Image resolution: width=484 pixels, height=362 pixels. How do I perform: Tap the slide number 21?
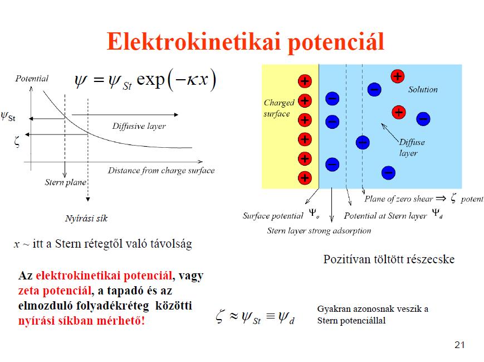click(459, 345)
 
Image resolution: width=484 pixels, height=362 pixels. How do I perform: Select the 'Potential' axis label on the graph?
click(32, 79)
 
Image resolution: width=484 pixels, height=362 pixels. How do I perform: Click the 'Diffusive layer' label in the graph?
click(139, 126)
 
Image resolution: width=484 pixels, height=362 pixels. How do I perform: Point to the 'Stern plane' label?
click(65, 182)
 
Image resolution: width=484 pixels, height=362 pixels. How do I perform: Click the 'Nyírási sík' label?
click(86, 218)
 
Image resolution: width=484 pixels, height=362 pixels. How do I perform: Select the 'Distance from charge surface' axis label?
click(161, 170)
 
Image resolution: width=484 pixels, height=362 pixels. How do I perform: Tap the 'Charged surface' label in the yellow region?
click(279, 108)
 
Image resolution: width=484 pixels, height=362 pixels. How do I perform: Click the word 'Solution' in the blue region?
click(423, 89)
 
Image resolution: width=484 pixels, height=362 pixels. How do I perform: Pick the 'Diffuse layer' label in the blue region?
click(412, 147)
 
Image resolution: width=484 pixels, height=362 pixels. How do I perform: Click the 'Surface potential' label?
click(273, 216)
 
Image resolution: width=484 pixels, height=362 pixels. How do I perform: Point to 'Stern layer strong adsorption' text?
click(319, 230)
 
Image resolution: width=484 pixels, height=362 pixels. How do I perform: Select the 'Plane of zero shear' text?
click(399, 199)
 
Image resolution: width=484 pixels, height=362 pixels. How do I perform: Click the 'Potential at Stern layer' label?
click(385, 216)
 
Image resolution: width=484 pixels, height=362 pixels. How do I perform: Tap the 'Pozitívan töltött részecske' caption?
click(389, 259)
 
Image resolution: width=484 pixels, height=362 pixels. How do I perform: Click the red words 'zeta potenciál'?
click(55, 291)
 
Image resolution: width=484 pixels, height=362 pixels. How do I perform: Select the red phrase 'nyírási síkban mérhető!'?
click(81, 321)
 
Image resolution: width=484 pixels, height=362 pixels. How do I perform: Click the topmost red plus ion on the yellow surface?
click(305, 81)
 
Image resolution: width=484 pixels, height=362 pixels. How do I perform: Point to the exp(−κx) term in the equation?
click(176, 80)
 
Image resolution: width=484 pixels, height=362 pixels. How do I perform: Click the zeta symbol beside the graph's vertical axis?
click(17, 141)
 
